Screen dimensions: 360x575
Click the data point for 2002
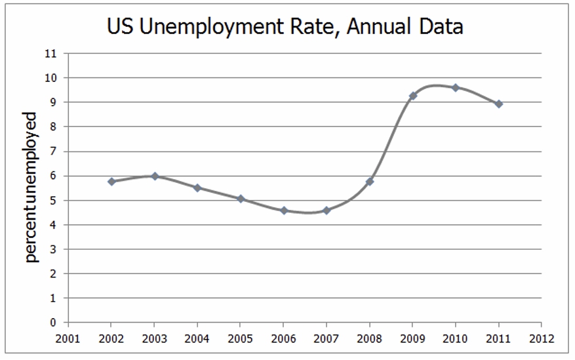click(111, 182)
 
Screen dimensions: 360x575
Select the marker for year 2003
click(154, 176)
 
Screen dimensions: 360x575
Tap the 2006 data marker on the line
click(284, 210)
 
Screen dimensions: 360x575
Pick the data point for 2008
click(370, 182)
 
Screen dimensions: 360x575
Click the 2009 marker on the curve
click(413, 96)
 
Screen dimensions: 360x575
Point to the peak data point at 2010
click(456, 87)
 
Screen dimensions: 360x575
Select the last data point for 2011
click(498, 104)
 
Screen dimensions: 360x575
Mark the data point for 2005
click(241, 199)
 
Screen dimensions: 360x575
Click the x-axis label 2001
click(68, 338)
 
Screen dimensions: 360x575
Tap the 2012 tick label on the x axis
click(542, 338)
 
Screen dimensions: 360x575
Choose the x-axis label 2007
click(327, 338)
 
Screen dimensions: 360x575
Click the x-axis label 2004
click(197, 338)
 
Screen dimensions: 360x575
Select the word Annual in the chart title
click(378, 26)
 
